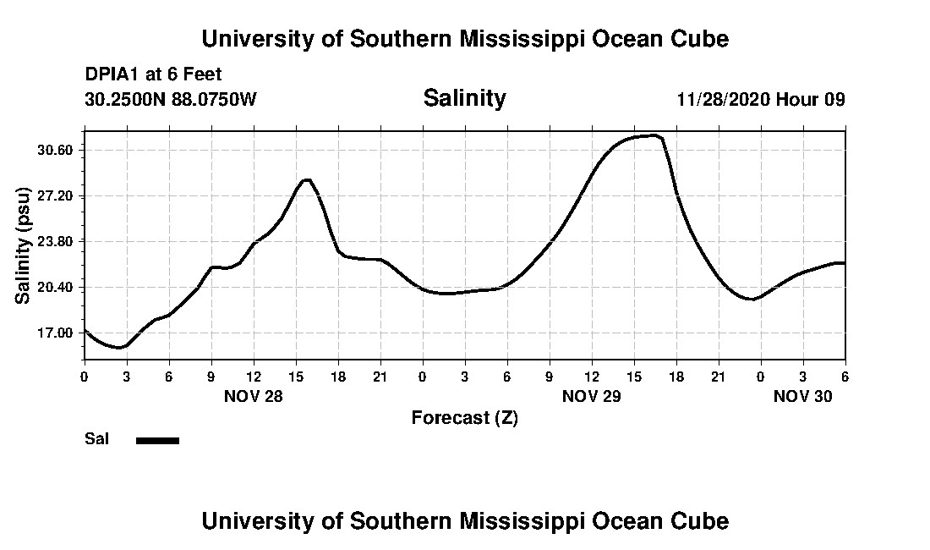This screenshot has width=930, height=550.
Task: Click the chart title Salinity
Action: pos(464,98)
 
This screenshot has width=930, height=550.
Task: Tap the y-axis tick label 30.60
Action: pos(56,150)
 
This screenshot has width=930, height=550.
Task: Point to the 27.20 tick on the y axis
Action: pos(56,195)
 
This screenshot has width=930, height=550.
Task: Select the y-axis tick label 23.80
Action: pos(56,241)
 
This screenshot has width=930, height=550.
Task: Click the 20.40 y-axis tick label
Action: pos(56,287)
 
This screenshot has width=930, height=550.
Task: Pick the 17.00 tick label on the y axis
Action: pos(56,333)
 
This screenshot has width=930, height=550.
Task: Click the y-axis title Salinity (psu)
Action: pos(24,245)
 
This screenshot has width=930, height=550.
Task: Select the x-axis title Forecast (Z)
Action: pos(464,417)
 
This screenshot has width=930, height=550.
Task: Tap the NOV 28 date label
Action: pos(254,396)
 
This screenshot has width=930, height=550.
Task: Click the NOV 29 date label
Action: pos(592,396)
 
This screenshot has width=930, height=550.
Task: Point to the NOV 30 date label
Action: pos(803,396)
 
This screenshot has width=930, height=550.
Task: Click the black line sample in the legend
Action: pos(158,440)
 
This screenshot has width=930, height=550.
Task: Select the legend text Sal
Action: pos(97,439)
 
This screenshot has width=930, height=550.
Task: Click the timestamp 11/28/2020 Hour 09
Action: pos(761,99)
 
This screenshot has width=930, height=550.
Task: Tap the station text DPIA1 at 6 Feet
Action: pos(153,74)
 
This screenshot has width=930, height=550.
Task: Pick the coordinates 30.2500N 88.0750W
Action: pos(171,99)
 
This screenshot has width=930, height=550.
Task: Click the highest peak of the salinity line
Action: pos(652,135)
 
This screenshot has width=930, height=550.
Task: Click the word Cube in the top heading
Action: pos(700,39)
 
